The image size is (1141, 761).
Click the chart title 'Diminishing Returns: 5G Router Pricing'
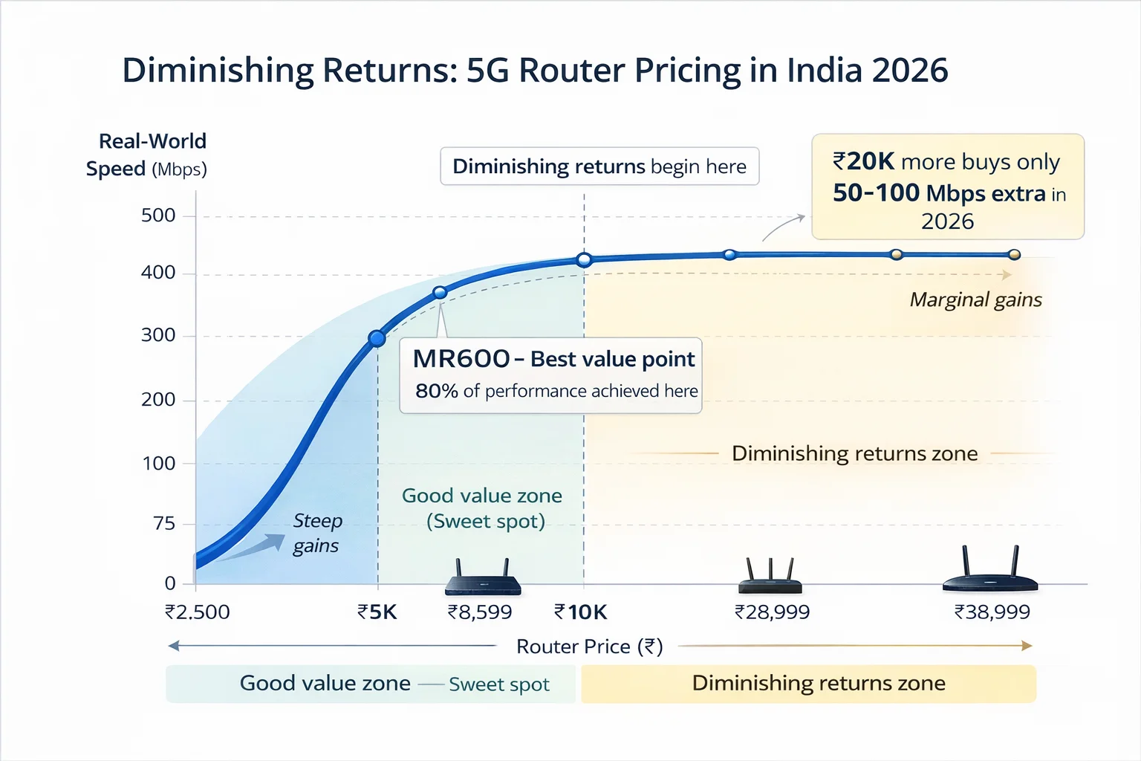tap(535, 71)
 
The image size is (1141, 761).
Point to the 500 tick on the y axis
tap(158, 216)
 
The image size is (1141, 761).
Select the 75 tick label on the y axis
tap(164, 524)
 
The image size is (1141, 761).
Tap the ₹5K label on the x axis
tap(377, 612)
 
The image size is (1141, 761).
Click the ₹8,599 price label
tap(480, 612)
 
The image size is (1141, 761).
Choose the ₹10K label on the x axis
tap(581, 612)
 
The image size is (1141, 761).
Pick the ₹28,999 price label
tap(772, 612)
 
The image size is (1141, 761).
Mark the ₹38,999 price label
tap(992, 612)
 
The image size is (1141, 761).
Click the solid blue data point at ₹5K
tap(377, 339)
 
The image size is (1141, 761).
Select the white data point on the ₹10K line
tap(584, 259)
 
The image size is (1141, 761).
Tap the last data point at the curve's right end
tap(1015, 255)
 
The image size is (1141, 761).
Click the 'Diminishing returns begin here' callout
tap(599, 166)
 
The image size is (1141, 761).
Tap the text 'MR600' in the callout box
tap(461, 360)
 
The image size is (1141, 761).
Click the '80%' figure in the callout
tap(436, 391)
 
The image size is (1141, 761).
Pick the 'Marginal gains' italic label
tap(975, 299)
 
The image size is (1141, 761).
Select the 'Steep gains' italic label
tap(317, 533)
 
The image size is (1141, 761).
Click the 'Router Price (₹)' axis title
tap(589, 647)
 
